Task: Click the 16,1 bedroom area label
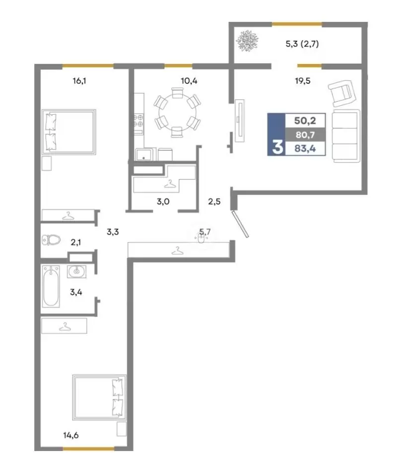pyautogui.click(x=79, y=81)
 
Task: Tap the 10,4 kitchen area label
pyautogui.click(x=189, y=81)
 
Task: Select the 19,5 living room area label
pyautogui.click(x=303, y=81)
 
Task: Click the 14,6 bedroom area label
pyautogui.click(x=71, y=435)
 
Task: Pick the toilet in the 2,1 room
pyautogui.click(x=51, y=240)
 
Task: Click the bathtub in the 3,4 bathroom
pyautogui.click(x=51, y=286)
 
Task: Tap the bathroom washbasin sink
pyautogui.click(x=76, y=271)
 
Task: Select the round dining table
pyautogui.click(x=177, y=112)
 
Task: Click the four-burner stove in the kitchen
pyautogui.click(x=138, y=121)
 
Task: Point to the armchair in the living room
pyautogui.click(x=342, y=93)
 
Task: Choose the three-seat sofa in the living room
pyautogui.click(x=346, y=136)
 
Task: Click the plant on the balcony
pyautogui.click(x=247, y=41)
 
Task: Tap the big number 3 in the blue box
pyautogui.click(x=277, y=147)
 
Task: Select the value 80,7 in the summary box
pyautogui.click(x=305, y=134)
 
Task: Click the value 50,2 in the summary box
pyautogui.click(x=305, y=121)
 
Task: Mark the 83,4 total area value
pyautogui.click(x=305, y=148)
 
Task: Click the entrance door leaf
pyautogui.click(x=240, y=224)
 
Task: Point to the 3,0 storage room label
pyautogui.click(x=163, y=201)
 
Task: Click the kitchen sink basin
pyautogui.click(x=143, y=154)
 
